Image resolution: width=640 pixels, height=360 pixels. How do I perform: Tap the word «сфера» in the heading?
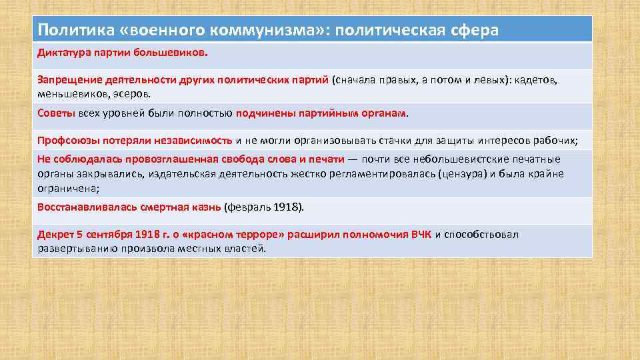[469, 31]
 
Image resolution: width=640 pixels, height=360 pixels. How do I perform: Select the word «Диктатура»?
[63, 51]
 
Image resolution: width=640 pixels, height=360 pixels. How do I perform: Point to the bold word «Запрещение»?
[69, 80]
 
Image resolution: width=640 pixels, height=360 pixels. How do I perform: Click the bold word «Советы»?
[56, 113]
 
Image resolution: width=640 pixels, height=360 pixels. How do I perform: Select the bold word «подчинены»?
[261, 113]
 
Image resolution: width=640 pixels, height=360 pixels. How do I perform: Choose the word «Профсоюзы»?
[66, 141]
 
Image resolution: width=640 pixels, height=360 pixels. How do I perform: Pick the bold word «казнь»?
[203, 207]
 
